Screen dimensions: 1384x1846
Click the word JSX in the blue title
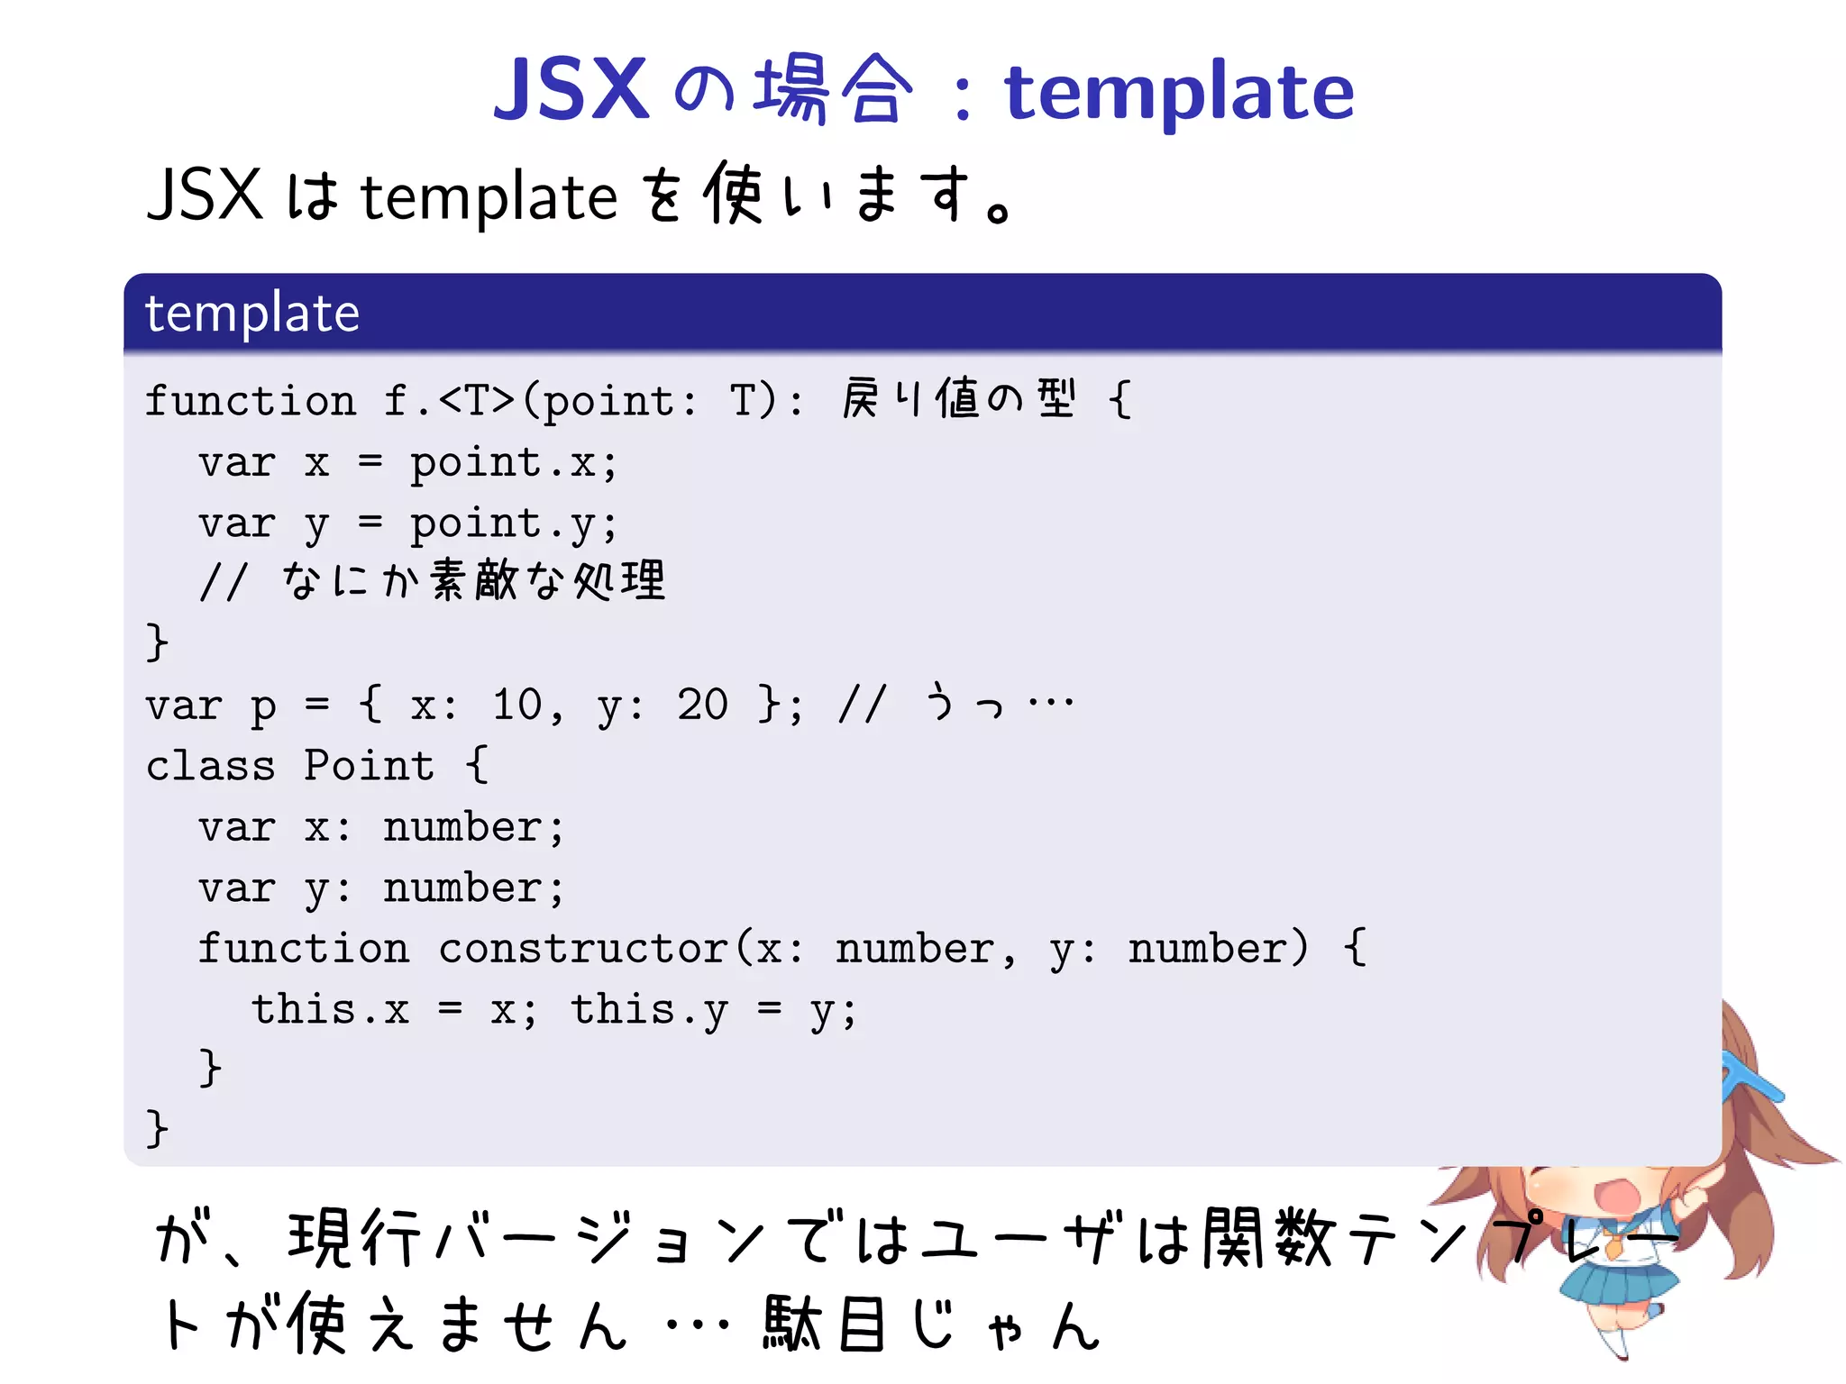point(571,90)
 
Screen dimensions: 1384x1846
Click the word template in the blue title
point(1179,94)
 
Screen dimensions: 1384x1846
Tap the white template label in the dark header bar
point(252,314)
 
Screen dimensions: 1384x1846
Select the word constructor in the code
point(583,950)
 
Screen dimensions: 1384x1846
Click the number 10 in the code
point(516,705)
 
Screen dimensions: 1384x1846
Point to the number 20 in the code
point(702,705)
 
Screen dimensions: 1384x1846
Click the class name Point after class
point(369,766)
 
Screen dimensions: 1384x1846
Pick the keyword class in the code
point(210,766)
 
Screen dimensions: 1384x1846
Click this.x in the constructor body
point(330,1010)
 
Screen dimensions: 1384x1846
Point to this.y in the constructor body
point(649,1010)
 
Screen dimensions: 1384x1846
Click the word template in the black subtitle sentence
point(489,198)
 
